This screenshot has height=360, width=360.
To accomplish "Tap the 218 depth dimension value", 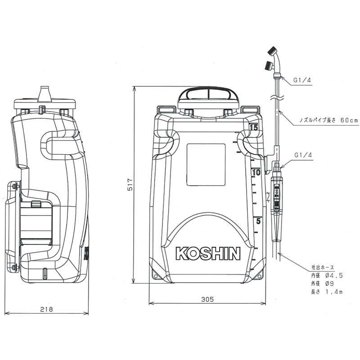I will (46, 309).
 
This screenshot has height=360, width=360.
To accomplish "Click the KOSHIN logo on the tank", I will (208, 254).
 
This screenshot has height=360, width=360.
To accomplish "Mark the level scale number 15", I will (254, 128).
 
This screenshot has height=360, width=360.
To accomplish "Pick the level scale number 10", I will (256, 172).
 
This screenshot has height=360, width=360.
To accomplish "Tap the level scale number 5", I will (258, 221).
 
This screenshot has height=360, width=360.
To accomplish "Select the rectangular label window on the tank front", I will (206, 164).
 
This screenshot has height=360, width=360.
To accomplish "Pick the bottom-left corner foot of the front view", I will (157, 273).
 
